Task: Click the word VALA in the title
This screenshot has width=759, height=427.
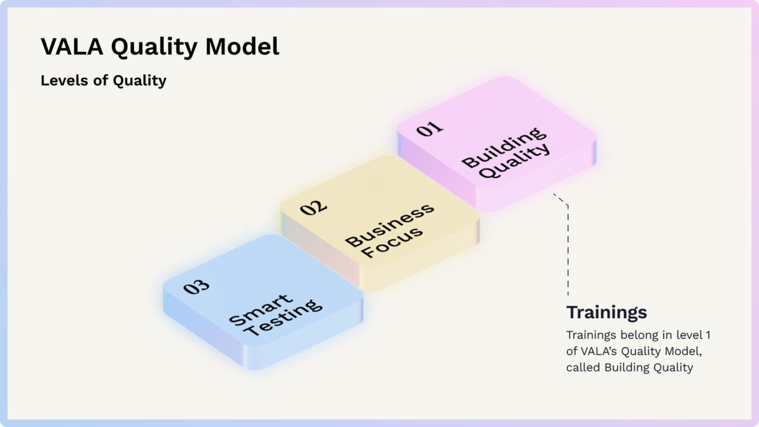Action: click(x=72, y=46)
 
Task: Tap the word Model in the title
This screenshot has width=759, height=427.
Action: click(x=242, y=46)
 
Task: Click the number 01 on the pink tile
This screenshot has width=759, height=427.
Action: click(x=429, y=129)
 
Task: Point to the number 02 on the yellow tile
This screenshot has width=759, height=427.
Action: click(x=314, y=207)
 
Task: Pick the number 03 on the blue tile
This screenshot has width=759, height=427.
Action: click(x=196, y=287)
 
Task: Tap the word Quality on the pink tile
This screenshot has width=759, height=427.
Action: click(x=515, y=160)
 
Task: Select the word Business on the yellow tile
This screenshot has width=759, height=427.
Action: click(x=390, y=225)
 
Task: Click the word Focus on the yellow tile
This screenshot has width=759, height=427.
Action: click(x=392, y=242)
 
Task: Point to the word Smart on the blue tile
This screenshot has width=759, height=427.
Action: click(x=261, y=310)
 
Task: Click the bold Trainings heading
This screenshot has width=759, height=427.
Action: click(x=607, y=312)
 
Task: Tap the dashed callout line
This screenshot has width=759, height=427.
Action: click(x=568, y=245)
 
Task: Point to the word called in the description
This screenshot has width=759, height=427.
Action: click(x=583, y=368)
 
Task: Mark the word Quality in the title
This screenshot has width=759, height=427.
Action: click(x=154, y=47)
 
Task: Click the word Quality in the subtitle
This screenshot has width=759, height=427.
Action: click(x=140, y=82)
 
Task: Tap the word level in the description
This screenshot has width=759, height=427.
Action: click(x=689, y=335)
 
